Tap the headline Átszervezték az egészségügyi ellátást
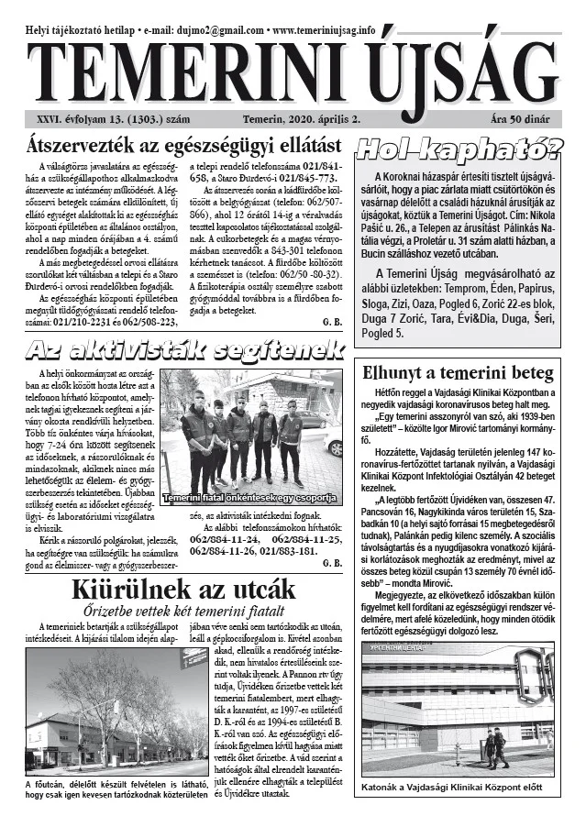[184, 147]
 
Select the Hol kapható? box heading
[459, 147]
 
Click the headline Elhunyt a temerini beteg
[459, 373]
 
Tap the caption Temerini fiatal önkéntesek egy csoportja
[249, 498]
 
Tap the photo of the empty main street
[105, 711]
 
